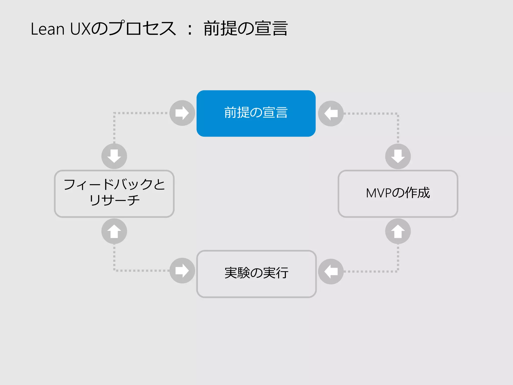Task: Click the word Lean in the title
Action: [48, 29]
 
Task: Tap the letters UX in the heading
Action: [80, 29]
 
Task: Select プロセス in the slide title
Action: [142, 28]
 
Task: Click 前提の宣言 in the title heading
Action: [245, 28]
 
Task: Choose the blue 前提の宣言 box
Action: [256, 113]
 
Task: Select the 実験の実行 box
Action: [256, 274]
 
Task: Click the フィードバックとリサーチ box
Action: [114, 194]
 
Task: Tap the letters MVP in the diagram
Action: [378, 193]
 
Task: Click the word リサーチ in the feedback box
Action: [114, 200]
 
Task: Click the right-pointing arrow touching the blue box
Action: [182, 113]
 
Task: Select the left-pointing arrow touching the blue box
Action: [331, 114]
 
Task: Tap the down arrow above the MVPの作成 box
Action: [398, 156]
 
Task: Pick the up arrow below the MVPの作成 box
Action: [398, 231]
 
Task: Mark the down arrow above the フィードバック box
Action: [114, 156]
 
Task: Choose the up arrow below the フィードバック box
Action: [114, 231]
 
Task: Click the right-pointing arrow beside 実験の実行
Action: [182, 271]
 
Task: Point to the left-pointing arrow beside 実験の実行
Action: [331, 271]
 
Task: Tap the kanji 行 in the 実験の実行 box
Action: [282, 273]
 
